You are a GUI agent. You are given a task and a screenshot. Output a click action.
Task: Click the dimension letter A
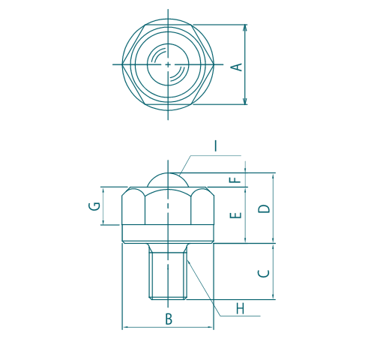237,67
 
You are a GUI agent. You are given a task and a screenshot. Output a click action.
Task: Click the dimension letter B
169,319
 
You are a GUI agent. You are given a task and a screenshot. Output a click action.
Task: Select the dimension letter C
262,274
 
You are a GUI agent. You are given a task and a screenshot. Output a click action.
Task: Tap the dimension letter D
262,208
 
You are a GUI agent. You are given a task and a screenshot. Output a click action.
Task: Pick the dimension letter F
236,180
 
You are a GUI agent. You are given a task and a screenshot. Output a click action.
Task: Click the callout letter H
240,308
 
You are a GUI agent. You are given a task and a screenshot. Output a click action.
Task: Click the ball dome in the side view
168,178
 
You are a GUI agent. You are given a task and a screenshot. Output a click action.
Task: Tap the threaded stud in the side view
169,274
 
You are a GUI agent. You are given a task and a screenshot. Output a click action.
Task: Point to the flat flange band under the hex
169,233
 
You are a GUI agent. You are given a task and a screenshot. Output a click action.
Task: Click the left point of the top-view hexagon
122,64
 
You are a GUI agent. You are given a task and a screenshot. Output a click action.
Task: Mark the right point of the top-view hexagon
216,64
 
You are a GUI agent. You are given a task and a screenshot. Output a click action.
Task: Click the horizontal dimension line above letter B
169,328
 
